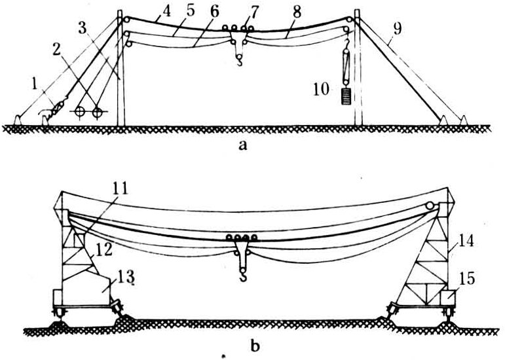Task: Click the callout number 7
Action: click(x=253, y=12)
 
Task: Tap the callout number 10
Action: click(x=322, y=89)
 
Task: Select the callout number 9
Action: click(x=398, y=29)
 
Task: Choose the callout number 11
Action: click(x=119, y=189)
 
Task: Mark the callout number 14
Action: click(x=466, y=241)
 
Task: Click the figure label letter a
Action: click(x=243, y=146)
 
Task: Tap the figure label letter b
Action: click(x=255, y=346)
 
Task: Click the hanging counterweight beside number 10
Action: click(x=346, y=96)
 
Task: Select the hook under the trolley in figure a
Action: click(x=239, y=60)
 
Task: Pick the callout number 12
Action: click(x=103, y=249)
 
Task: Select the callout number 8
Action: click(x=297, y=12)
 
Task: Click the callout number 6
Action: click(x=214, y=12)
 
